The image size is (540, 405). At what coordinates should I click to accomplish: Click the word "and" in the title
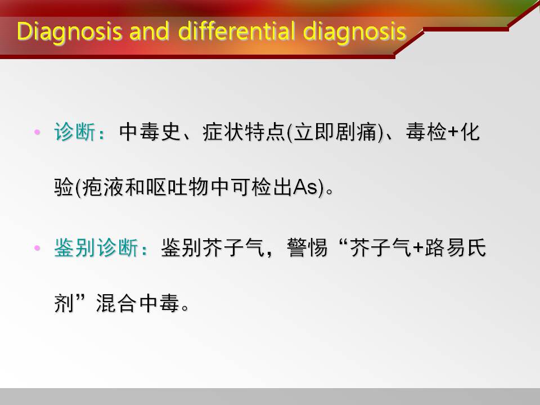pyautogui.click(x=149, y=31)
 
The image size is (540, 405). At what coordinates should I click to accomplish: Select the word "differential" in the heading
pyautogui.click(x=236, y=31)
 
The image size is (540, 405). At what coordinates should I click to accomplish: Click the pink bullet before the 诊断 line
pyautogui.click(x=38, y=132)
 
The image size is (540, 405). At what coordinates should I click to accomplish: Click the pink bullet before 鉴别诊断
pyautogui.click(x=38, y=248)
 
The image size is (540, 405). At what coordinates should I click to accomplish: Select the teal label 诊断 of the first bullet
pyautogui.click(x=75, y=132)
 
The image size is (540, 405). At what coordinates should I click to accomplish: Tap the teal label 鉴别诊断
pyautogui.click(x=96, y=247)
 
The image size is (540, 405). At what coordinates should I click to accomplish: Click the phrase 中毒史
pyautogui.click(x=150, y=132)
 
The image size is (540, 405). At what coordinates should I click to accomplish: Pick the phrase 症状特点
pyautogui.click(x=244, y=132)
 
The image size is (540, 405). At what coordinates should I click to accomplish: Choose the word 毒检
pyautogui.click(x=426, y=132)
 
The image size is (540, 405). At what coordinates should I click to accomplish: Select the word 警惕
pyautogui.click(x=307, y=247)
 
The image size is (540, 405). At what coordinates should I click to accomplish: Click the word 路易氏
pyautogui.click(x=455, y=247)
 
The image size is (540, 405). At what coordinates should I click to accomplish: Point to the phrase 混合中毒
pyautogui.click(x=137, y=303)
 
